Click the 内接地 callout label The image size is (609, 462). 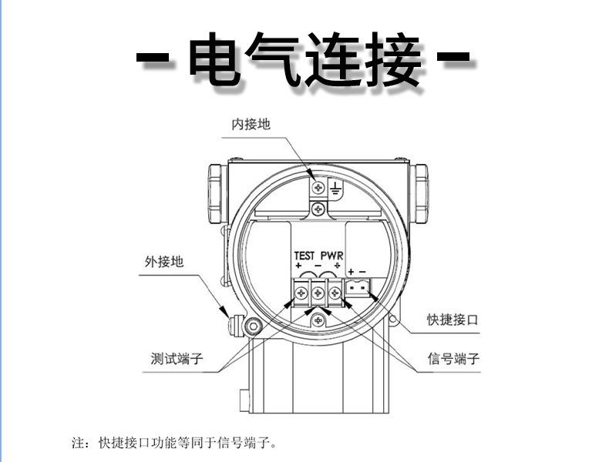251,125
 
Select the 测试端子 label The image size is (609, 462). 179,359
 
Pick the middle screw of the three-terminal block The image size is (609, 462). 318,292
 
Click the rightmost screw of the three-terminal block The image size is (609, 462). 335,292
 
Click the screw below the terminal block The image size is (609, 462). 318,320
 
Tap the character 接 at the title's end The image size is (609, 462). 394,60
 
